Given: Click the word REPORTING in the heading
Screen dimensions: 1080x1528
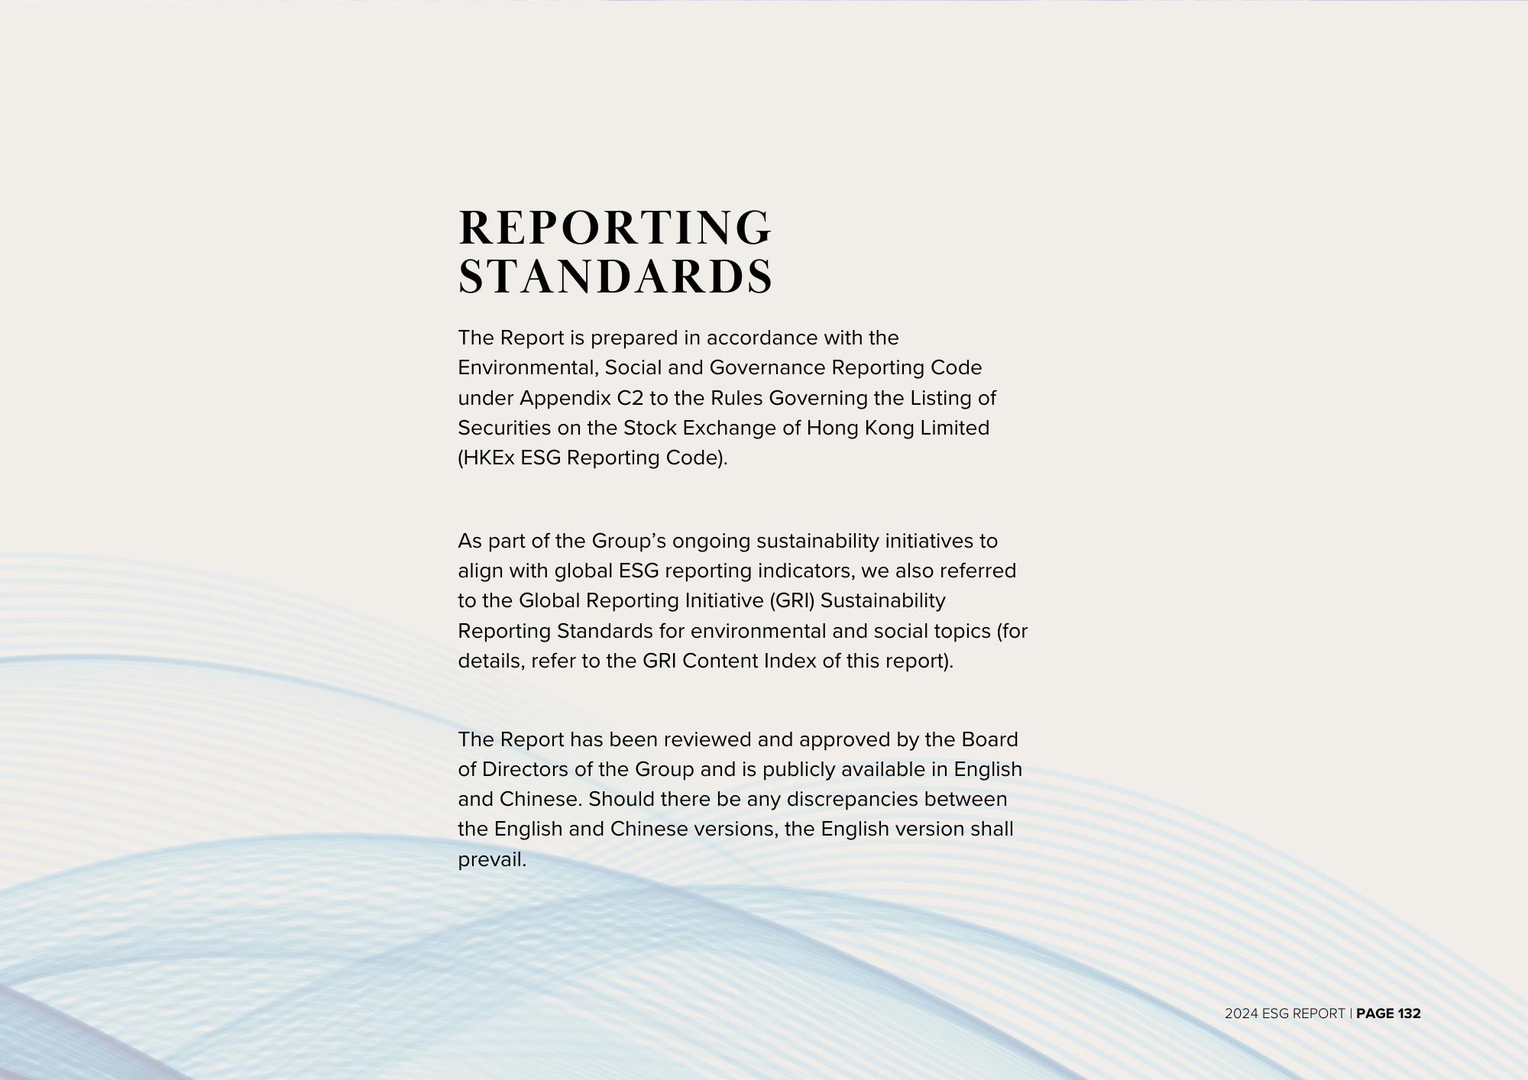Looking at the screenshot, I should [615, 228].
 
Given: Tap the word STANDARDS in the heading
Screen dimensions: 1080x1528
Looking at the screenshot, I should [615, 276].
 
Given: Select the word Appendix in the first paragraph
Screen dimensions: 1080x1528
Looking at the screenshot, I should [565, 398].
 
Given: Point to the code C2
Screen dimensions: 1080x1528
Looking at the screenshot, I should [630, 398].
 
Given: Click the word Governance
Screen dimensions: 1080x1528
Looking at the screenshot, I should [767, 367].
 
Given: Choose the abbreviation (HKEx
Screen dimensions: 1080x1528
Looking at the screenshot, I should [486, 458].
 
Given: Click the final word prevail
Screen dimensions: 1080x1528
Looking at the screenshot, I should [492, 859].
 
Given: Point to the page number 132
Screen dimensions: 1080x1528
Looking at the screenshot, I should [1409, 1014].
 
